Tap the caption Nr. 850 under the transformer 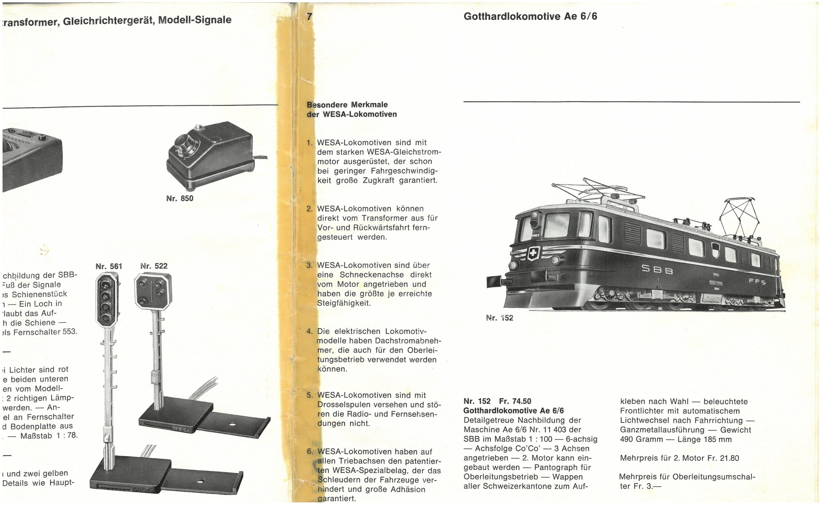[x=180, y=198]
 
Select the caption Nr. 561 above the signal [x=108, y=266]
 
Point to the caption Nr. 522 [x=154, y=266]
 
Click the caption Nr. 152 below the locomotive [x=500, y=318]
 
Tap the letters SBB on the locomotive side [x=651, y=270]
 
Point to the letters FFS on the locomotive [x=757, y=282]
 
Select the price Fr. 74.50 [x=515, y=401]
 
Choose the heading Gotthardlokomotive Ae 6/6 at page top [x=530, y=16]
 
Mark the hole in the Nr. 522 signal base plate [x=233, y=425]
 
